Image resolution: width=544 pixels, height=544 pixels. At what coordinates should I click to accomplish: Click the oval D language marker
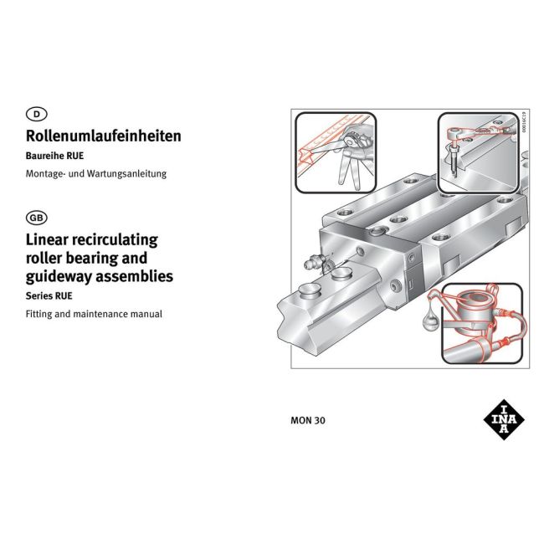[x=37, y=114]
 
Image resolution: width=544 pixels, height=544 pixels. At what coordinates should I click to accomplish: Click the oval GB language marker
[x=37, y=218]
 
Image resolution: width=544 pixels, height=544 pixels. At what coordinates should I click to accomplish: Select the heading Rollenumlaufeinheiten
[x=104, y=136]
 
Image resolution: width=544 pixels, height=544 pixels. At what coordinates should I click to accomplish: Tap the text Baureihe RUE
[x=54, y=156]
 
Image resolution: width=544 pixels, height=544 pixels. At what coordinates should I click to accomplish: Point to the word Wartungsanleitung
[x=126, y=173]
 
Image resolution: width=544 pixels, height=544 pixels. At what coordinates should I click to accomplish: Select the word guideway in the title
[x=59, y=277]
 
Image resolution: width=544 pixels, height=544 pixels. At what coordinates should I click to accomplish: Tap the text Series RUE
[x=49, y=296]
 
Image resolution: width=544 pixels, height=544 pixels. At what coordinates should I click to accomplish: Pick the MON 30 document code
[x=308, y=420]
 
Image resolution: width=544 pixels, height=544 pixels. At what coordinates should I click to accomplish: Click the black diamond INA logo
[x=504, y=420]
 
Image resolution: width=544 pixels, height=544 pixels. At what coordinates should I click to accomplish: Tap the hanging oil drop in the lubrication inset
[x=431, y=319]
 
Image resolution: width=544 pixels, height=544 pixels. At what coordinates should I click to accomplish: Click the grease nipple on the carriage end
[x=314, y=262]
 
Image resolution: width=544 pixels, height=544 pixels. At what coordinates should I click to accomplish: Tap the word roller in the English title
[x=44, y=258]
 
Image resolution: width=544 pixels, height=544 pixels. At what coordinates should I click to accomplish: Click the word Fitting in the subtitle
[x=38, y=315]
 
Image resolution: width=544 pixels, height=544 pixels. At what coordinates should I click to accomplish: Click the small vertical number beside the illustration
[x=524, y=122]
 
